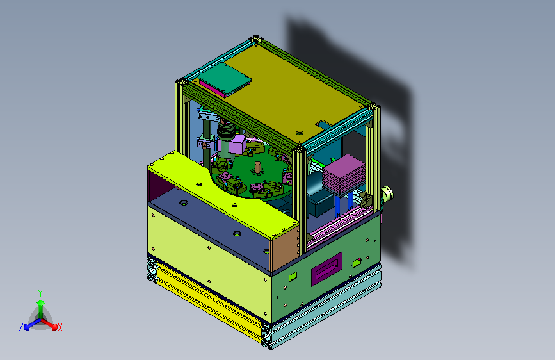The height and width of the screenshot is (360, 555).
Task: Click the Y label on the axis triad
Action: coord(40,293)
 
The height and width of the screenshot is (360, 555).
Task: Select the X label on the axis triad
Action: coord(60,327)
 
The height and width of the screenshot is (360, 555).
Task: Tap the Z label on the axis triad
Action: coord(21,327)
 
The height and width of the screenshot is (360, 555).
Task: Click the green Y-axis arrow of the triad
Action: coord(41,309)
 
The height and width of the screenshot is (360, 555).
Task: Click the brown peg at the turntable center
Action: coord(257,167)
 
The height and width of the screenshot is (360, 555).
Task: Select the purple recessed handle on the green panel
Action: coord(326,269)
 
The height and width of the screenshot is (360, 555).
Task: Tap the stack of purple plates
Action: coord(344,175)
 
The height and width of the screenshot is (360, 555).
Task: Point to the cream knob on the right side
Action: coord(387,195)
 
